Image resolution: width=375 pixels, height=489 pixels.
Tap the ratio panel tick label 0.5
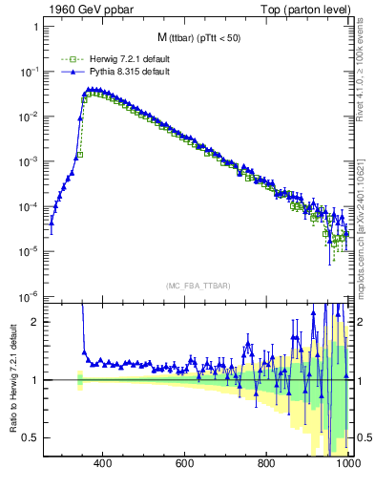(x=31, y=437)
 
